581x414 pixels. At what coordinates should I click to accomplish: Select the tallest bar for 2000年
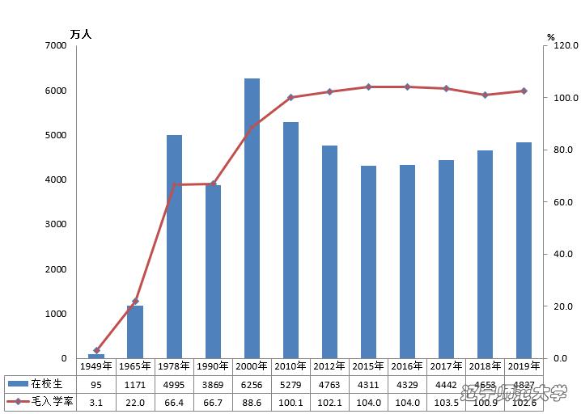coord(252,218)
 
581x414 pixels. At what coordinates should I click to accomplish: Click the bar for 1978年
coord(174,247)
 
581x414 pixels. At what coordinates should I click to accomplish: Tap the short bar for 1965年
coord(135,332)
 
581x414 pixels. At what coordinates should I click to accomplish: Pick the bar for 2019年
coord(524,251)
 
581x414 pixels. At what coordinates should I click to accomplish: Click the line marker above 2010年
coord(290,97)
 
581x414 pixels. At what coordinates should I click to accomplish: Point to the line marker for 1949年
coord(96,350)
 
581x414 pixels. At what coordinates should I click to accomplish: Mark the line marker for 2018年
coord(485,95)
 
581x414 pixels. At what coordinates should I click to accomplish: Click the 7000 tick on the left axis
coord(56,46)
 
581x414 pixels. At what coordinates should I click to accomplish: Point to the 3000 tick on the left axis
coord(56,225)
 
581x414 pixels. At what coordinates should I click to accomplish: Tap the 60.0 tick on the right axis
coord(563,202)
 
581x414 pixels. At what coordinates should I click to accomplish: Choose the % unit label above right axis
coord(551,36)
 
